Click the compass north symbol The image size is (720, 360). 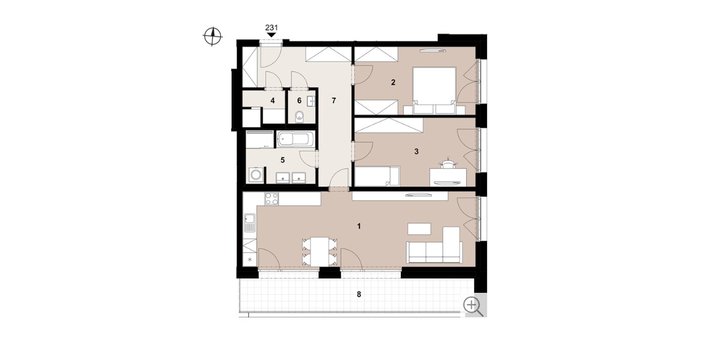coord(212,36)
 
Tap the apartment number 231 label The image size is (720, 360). coord(272,28)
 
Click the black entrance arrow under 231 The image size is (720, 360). coord(272,35)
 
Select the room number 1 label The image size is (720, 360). coord(359,226)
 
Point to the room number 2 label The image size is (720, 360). coord(393,83)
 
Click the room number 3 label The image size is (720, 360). coord(416,151)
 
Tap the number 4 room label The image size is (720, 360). coord(272,101)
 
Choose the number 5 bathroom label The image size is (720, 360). coord(283,160)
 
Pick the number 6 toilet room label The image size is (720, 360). coord(299,101)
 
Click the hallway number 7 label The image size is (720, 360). coord(334,101)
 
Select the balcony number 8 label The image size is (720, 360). coord(359,295)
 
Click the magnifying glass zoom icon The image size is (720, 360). coord(473,307)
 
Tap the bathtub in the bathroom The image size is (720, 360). coord(295,139)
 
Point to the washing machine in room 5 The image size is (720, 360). coord(256,175)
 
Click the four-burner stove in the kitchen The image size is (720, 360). coord(272,199)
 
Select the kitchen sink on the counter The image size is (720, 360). coord(250,223)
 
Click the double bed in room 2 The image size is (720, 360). coord(434,91)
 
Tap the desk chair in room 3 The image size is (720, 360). coord(448,164)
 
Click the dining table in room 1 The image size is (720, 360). coord(320,251)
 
